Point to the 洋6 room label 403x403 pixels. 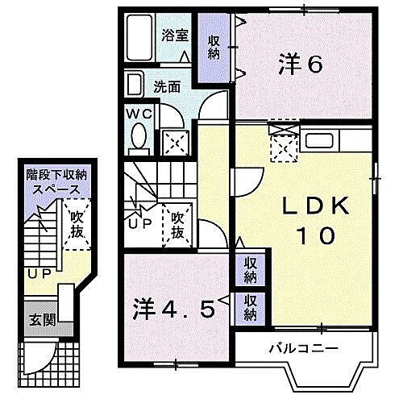(x=301, y=64)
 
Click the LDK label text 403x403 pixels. (x=317, y=207)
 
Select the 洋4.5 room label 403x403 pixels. (x=174, y=309)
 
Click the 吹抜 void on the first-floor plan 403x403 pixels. (x=76, y=223)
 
